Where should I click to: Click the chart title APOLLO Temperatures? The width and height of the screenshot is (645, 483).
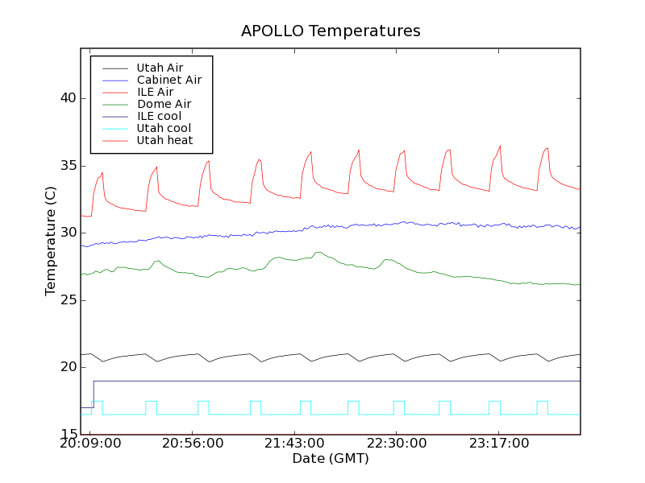point(331,31)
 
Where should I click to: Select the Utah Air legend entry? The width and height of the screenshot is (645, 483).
point(160,68)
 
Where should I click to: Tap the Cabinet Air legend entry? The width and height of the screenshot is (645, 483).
point(169,80)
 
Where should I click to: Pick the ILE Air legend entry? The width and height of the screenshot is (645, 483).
point(155,92)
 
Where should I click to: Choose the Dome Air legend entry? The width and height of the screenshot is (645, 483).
point(164,104)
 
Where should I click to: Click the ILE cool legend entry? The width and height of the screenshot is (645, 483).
point(159,116)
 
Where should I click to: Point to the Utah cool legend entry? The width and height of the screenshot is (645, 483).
point(164,128)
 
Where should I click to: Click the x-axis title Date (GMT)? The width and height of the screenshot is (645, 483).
point(331,459)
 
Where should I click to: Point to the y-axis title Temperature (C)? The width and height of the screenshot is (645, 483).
point(51,242)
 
